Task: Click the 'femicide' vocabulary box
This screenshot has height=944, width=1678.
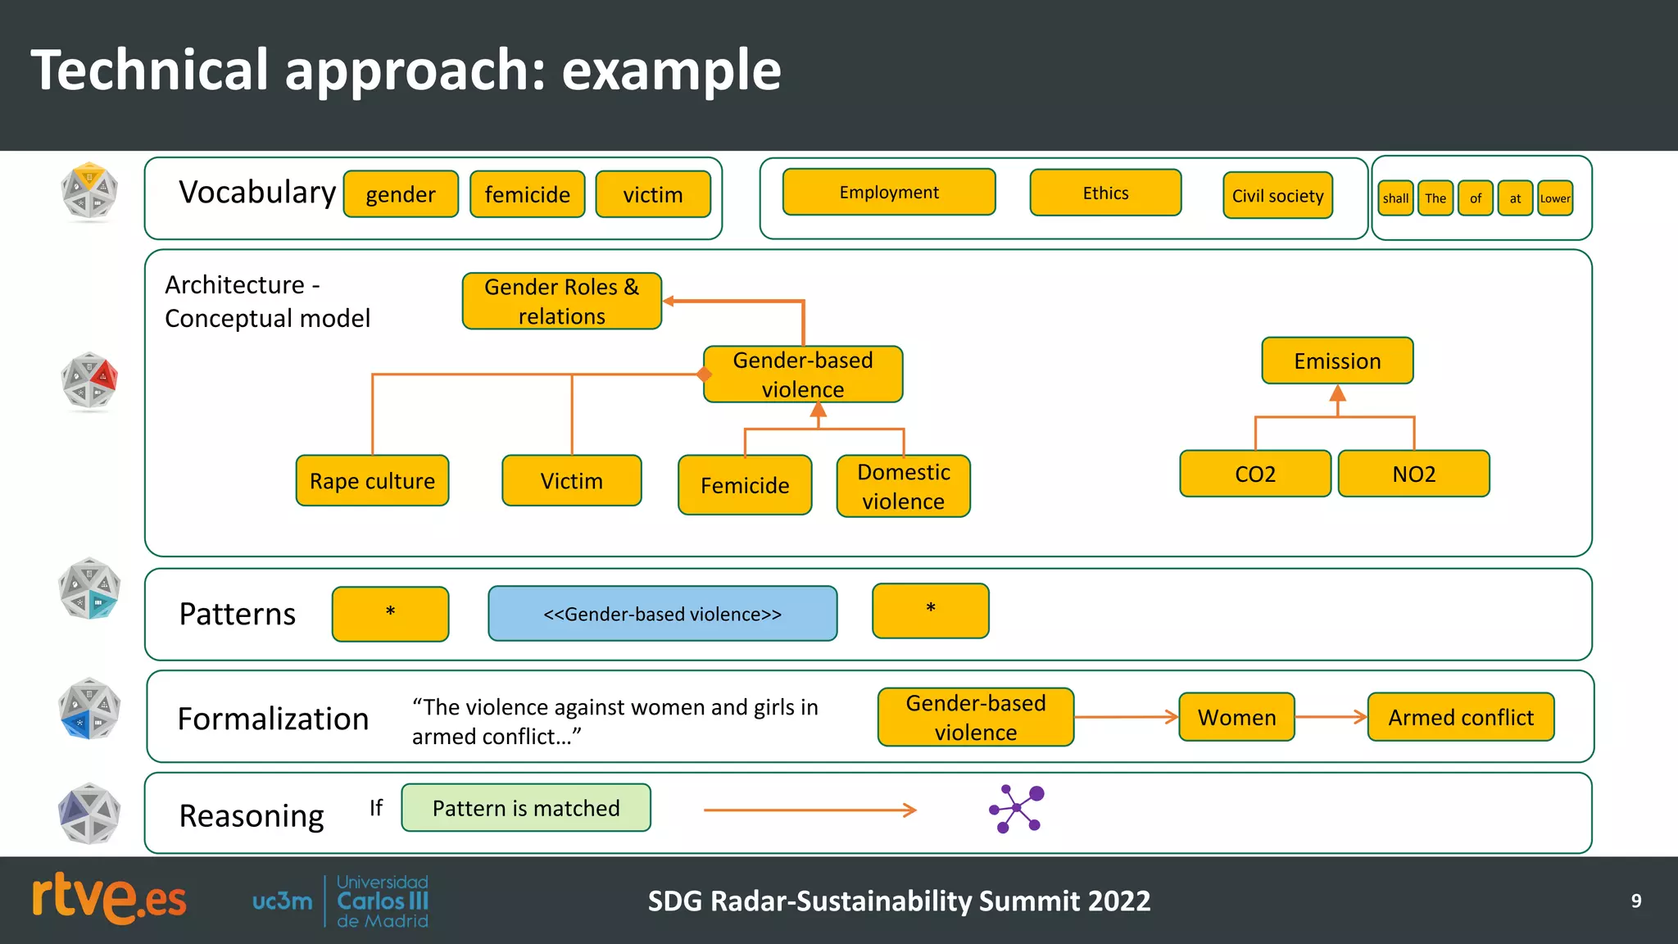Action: tap(527, 194)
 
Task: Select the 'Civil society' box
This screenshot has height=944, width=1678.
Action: tap(1277, 196)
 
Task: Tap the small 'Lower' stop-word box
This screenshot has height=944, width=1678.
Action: tap(1554, 198)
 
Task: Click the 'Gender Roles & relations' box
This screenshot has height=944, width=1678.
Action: tap(561, 301)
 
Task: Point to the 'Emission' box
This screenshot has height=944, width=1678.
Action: tap(1337, 361)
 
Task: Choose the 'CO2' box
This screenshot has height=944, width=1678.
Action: tap(1254, 474)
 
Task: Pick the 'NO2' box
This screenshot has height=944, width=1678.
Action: tap(1413, 474)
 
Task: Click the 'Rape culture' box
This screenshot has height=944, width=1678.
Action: tap(372, 481)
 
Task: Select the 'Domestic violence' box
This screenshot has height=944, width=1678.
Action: tap(903, 486)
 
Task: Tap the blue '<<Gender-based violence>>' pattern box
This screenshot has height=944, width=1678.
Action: tap(662, 614)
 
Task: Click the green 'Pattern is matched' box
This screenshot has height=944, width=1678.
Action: tap(526, 808)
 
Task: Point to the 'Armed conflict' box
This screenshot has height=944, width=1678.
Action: tap(1460, 717)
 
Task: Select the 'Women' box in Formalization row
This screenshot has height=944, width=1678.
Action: tap(1236, 717)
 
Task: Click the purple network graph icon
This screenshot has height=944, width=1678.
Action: tap(1017, 809)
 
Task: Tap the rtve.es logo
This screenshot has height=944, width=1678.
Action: tap(109, 899)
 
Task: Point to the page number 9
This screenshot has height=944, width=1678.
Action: tap(1635, 901)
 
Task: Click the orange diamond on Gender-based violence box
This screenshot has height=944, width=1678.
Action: tap(704, 374)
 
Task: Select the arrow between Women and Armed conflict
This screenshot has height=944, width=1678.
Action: tap(1331, 717)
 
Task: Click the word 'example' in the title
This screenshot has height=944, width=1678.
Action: tap(670, 70)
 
